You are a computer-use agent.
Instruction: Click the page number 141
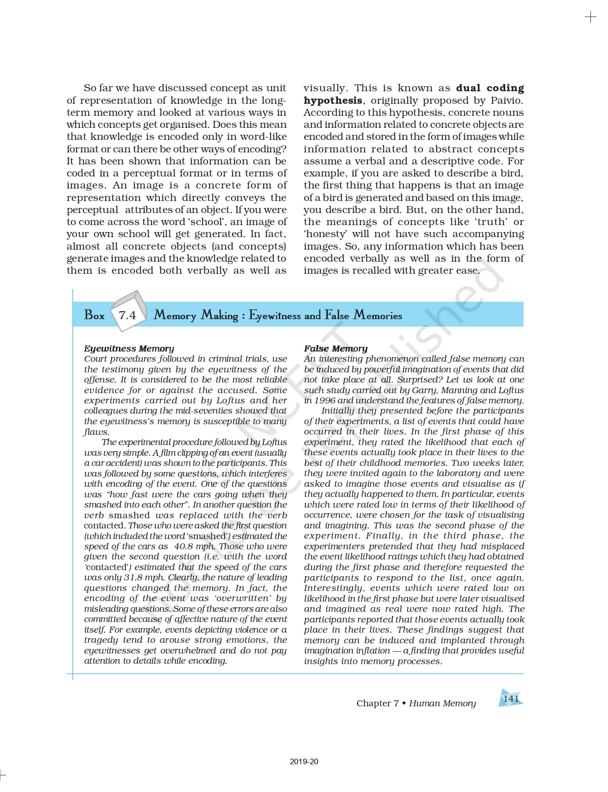(511, 698)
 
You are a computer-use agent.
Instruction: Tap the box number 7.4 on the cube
(127, 315)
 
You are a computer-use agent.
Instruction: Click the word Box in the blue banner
(94, 315)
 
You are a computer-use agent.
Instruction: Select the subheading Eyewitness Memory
(129, 348)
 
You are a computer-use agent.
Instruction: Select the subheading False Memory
(335, 348)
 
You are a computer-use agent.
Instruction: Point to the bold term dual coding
(490, 88)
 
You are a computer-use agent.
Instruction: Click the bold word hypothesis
(332, 101)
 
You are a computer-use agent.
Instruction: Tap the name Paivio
(506, 101)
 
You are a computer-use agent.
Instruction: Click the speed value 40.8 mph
(194, 546)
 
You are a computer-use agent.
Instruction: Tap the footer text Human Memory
(442, 703)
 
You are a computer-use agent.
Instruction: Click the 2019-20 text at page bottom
(304, 761)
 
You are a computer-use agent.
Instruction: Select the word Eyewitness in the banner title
(275, 315)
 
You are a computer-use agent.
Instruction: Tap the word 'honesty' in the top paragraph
(325, 234)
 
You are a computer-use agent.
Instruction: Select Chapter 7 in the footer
(377, 703)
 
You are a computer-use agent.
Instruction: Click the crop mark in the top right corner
(590, 18)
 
